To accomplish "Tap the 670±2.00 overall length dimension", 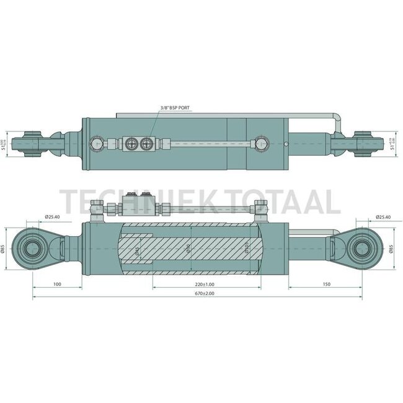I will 201,293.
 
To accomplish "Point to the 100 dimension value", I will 56,284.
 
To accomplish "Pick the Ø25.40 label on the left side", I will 53,216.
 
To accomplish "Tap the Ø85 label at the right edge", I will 392,250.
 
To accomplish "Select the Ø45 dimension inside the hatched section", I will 137,250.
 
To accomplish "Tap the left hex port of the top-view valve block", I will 131,143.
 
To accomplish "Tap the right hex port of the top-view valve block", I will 147,143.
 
